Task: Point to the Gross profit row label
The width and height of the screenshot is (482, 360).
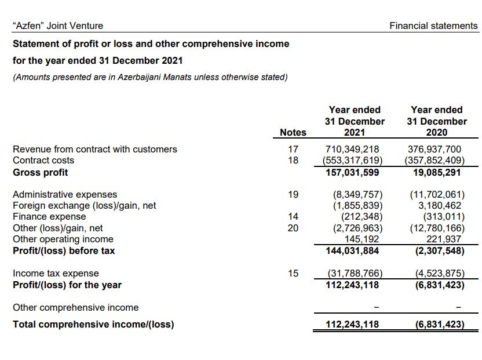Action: point(40,172)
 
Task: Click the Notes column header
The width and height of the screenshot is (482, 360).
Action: point(293,133)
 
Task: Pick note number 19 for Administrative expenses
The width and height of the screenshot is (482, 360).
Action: point(293,195)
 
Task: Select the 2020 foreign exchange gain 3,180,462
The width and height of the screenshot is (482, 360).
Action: point(439,206)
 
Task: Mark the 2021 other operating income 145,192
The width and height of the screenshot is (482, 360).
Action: point(363,239)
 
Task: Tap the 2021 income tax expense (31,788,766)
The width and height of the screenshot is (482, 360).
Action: point(354,273)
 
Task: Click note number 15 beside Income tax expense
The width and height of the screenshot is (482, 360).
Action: point(293,273)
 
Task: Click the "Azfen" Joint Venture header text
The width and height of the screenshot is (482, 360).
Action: point(58,26)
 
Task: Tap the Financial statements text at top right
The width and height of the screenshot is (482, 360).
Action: point(434,26)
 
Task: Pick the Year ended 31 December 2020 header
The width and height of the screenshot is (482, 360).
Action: point(436,121)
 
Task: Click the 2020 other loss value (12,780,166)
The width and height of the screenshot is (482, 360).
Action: point(436,228)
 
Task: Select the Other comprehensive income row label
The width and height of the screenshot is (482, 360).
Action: point(75,307)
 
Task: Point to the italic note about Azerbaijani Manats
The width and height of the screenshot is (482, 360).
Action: point(150,77)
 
